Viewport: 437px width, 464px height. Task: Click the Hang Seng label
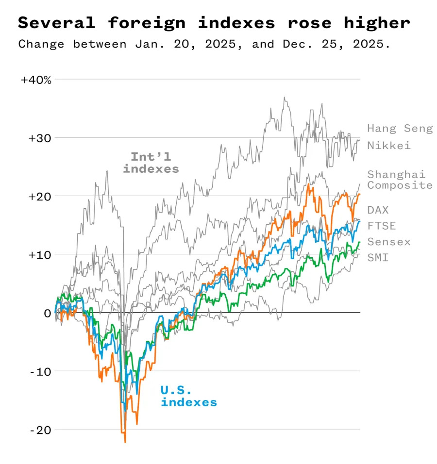tap(400, 129)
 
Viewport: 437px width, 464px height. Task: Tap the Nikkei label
tap(388, 145)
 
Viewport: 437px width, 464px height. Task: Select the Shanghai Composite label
tap(400, 180)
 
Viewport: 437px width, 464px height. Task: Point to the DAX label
tap(378, 210)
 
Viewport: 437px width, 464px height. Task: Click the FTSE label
tap(381, 226)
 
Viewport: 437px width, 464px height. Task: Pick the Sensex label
tap(388, 242)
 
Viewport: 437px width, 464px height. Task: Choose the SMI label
tap(378, 258)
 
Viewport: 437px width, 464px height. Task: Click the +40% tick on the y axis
tap(36, 80)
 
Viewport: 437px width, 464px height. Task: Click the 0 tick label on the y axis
tap(47, 313)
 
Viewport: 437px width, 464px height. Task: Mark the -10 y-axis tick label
tap(41, 371)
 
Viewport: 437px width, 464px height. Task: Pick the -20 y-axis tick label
tap(41, 430)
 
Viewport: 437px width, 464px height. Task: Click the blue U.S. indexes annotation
tap(189, 396)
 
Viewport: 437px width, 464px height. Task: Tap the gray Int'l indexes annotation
tap(151, 163)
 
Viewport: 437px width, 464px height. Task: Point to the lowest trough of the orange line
tap(125, 442)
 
